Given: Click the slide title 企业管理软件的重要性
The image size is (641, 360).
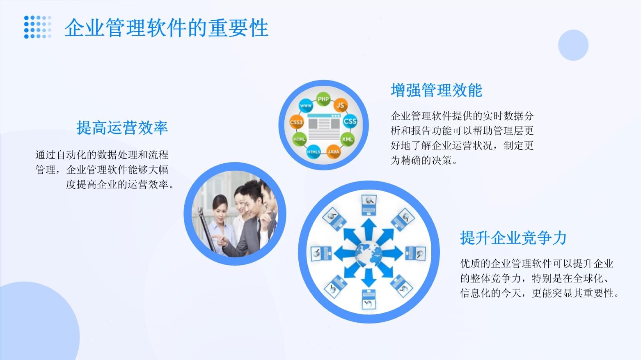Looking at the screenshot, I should tap(166, 28).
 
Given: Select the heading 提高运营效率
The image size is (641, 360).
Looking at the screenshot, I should tap(122, 128).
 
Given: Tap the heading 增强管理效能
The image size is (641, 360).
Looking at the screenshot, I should tap(436, 90).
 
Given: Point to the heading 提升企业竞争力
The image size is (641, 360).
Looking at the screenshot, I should tap(513, 238).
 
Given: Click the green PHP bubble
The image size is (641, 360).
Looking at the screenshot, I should tap(323, 99).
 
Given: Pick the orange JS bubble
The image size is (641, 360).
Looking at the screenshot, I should tap(340, 105).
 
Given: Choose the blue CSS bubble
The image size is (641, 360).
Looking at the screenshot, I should tap(350, 121).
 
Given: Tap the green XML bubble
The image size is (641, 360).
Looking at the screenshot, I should tap(347, 139).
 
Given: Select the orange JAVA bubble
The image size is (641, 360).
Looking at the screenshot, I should tap(334, 151).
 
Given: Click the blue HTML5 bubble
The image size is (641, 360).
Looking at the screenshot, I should tap(314, 152).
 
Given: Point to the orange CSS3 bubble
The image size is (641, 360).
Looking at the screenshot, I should tap(296, 122).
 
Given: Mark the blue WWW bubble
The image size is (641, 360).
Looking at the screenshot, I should tap(306, 106).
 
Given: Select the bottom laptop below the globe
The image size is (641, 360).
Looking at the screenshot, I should tap(369, 299).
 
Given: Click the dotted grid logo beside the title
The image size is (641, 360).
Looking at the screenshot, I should tap(38, 27).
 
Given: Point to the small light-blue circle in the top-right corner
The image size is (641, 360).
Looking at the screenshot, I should tap(573, 45).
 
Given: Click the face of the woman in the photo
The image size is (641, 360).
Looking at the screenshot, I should tap(220, 204).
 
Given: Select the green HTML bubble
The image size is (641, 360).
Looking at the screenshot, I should tap(299, 139).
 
